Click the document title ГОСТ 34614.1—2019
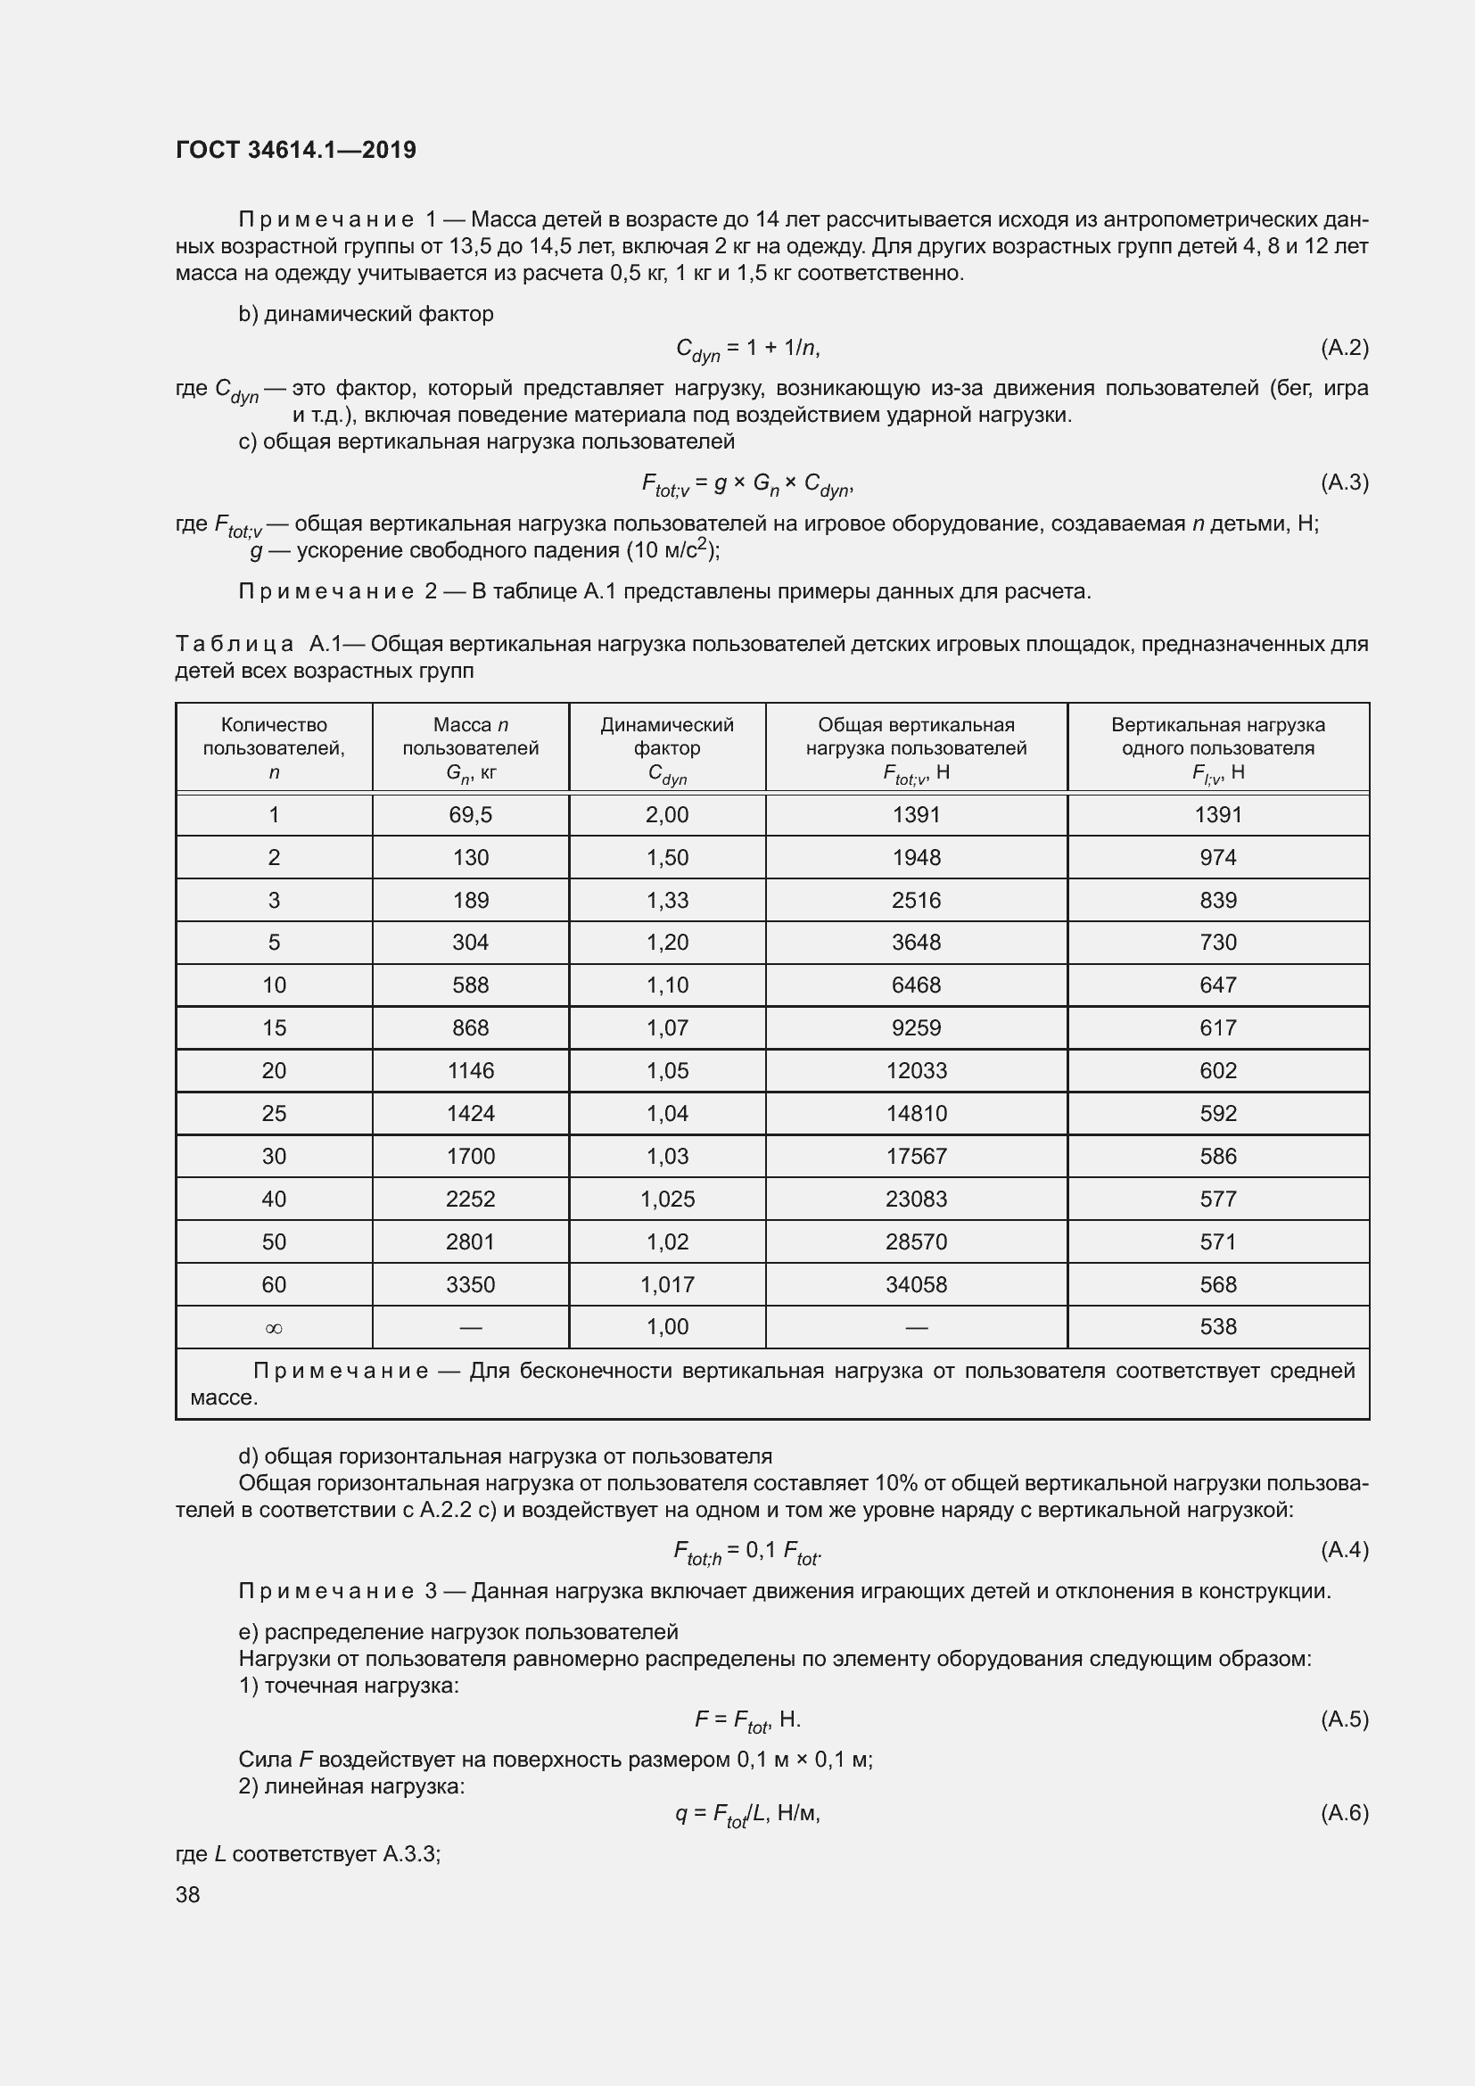pos(296,150)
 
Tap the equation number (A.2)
pos(1344,347)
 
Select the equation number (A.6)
pos(1344,1812)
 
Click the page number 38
pos(188,1894)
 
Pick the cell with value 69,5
pos(471,815)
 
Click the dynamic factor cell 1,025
pos(668,1200)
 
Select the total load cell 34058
pos(917,1284)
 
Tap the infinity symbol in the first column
pos(274,1328)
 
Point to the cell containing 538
pos(1218,1327)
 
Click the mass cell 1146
pos(471,1071)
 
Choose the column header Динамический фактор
pos(668,748)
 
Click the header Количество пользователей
pos(274,747)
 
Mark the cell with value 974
pos(1218,858)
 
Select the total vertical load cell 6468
pos(917,985)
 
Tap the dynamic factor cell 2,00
pos(668,815)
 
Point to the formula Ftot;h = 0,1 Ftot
pos(746,1551)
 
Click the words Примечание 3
pos(337,1591)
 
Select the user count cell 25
pos(274,1114)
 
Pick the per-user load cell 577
pos(1218,1200)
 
